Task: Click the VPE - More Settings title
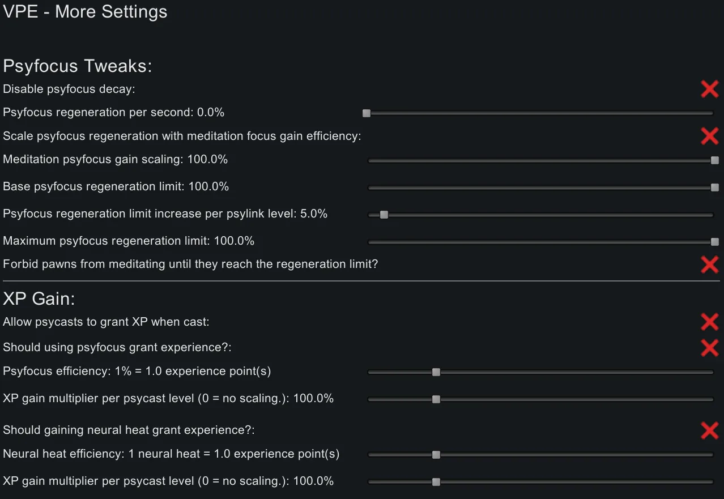(85, 12)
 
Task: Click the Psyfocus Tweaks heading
(78, 66)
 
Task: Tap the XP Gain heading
(39, 298)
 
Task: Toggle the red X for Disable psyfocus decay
(709, 89)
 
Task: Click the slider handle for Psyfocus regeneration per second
(367, 113)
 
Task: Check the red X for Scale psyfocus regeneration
(709, 136)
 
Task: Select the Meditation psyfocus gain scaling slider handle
(714, 160)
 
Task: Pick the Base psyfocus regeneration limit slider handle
(714, 187)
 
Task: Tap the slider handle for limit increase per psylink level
(384, 215)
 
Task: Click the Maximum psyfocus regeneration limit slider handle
(714, 242)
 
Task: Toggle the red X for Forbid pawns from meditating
(709, 265)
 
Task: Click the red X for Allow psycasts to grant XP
(709, 322)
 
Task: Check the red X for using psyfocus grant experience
(709, 348)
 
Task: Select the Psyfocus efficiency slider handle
(436, 372)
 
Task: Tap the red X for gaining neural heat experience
(709, 430)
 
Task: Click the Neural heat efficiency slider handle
(436, 455)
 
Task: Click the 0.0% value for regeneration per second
(210, 112)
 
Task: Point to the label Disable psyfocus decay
(69, 89)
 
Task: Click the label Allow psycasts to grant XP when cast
(106, 322)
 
